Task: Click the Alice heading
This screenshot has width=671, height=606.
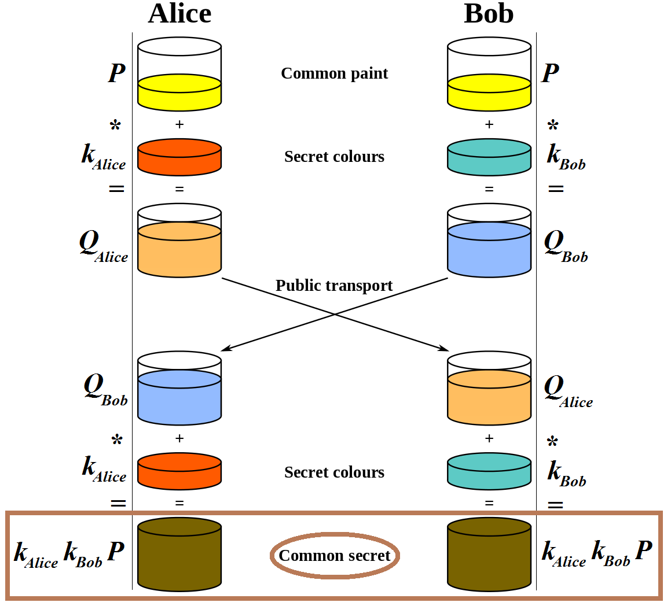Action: pos(179,14)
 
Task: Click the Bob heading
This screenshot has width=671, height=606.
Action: pos(489,14)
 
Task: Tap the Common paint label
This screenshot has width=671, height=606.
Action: pos(334,73)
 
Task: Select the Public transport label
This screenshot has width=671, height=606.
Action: pos(334,286)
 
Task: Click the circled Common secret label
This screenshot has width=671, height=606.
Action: pos(335,556)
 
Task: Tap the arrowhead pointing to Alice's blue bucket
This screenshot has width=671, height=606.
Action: pos(226,349)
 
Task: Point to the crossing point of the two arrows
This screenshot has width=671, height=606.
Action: pos(335,314)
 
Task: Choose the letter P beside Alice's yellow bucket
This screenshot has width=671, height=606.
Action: pos(117,73)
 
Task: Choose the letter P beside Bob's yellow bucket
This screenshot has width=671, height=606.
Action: pos(550,73)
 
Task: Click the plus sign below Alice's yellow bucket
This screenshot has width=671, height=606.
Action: pos(179,124)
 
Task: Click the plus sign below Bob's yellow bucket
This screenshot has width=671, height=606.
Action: pos(489,124)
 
